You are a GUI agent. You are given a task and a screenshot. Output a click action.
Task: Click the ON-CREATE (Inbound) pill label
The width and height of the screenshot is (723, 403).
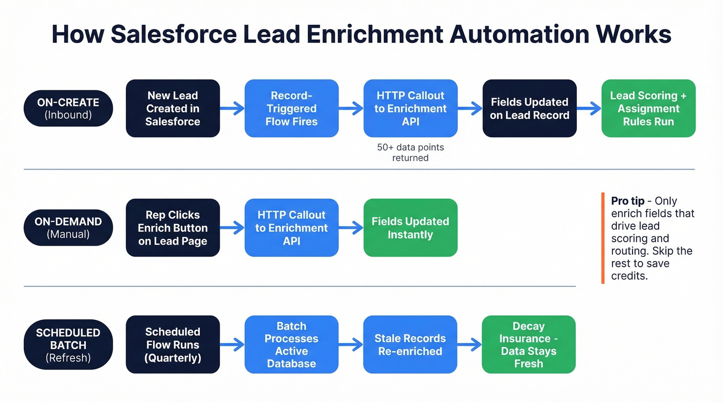click(x=68, y=108)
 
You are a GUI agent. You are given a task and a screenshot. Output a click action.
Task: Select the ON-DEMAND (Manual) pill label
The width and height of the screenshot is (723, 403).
click(x=68, y=228)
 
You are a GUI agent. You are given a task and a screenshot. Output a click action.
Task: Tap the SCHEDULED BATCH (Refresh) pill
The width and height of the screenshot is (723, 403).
click(x=68, y=345)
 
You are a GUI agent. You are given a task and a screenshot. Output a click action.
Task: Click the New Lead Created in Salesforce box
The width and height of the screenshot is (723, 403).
click(x=172, y=108)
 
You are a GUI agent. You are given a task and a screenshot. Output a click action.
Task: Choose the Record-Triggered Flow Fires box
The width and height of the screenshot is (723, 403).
click(x=291, y=108)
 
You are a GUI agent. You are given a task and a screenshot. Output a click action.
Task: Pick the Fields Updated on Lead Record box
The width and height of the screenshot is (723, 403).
click(x=529, y=108)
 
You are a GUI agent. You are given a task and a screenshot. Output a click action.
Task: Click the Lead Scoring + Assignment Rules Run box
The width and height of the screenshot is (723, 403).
click(x=648, y=108)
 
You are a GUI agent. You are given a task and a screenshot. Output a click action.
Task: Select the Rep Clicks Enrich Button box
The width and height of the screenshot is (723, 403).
click(x=172, y=228)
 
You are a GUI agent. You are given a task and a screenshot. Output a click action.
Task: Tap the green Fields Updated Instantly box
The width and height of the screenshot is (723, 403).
click(x=410, y=228)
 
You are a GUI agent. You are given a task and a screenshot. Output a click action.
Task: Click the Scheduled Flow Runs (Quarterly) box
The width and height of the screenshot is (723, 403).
click(x=172, y=345)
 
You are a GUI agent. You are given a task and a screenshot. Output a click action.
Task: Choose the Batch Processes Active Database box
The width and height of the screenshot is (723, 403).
click(x=291, y=345)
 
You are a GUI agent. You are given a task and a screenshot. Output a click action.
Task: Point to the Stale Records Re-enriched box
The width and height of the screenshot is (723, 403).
click(x=410, y=345)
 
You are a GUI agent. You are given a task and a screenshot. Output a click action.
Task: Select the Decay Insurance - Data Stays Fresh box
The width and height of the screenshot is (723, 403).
click(x=528, y=345)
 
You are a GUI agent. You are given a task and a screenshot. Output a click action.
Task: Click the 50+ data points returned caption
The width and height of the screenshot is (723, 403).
click(x=410, y=153)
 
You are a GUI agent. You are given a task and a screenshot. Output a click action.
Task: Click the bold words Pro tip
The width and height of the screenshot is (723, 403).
click(x=627, y=201)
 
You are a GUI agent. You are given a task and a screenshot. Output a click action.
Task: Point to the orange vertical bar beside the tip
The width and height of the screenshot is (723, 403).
click(x=603, y=238)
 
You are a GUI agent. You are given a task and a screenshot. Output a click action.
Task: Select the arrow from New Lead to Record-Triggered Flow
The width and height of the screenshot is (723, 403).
click(x=232, y=108)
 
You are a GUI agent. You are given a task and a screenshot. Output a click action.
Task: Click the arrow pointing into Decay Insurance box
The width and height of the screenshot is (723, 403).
click(x=469, y=345)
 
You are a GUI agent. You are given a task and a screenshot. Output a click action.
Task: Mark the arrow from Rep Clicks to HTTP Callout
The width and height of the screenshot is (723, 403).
click(x=232, y=228)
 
